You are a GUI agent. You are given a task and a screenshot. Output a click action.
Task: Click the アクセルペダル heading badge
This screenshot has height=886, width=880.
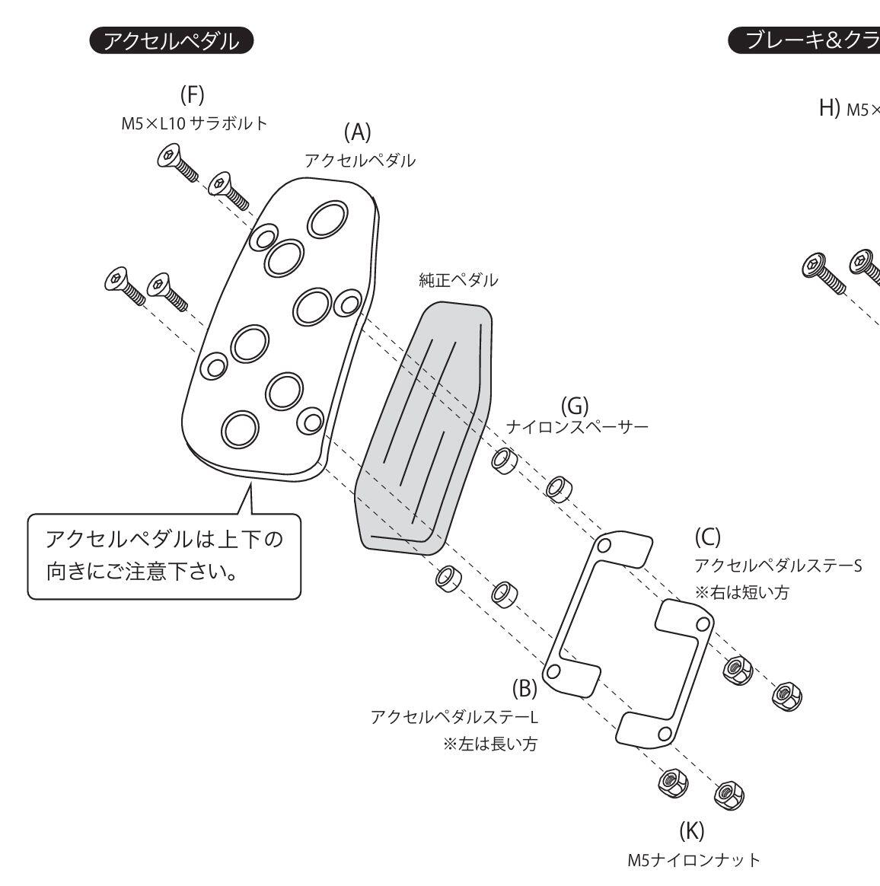[x=171, y=40]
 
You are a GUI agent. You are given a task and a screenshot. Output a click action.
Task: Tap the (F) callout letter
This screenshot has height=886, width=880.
[x=193, y=95]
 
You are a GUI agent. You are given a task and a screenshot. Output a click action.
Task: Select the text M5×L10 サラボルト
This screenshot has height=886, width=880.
[x=194, y=123]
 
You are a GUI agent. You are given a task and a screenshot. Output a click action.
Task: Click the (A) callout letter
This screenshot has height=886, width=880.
[x=357, y=132]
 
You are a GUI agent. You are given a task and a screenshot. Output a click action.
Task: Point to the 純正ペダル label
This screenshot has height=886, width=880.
[x=458, y=280]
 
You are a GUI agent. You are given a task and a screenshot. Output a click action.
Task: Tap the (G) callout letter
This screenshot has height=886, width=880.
[x=575, y=406]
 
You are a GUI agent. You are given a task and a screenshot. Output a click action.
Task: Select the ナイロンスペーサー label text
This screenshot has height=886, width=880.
[x=577, y=426]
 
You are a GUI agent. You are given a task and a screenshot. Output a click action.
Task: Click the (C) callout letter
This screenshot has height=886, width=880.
[x=707, y=537]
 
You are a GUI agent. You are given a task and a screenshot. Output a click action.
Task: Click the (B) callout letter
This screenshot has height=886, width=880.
[x=524, y=689]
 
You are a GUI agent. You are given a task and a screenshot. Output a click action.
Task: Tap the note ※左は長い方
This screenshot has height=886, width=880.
[x=489, y=744]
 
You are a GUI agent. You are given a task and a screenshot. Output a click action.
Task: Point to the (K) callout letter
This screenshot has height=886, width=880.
[x=691, y=830]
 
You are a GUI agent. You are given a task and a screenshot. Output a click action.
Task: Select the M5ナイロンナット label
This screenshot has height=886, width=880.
[x=693, y=860]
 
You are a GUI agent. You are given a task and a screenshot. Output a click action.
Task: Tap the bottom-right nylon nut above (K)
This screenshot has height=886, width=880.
[x=729, y=793]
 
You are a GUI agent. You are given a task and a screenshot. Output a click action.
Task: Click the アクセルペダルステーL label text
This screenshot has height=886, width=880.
[x=454, y=717]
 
